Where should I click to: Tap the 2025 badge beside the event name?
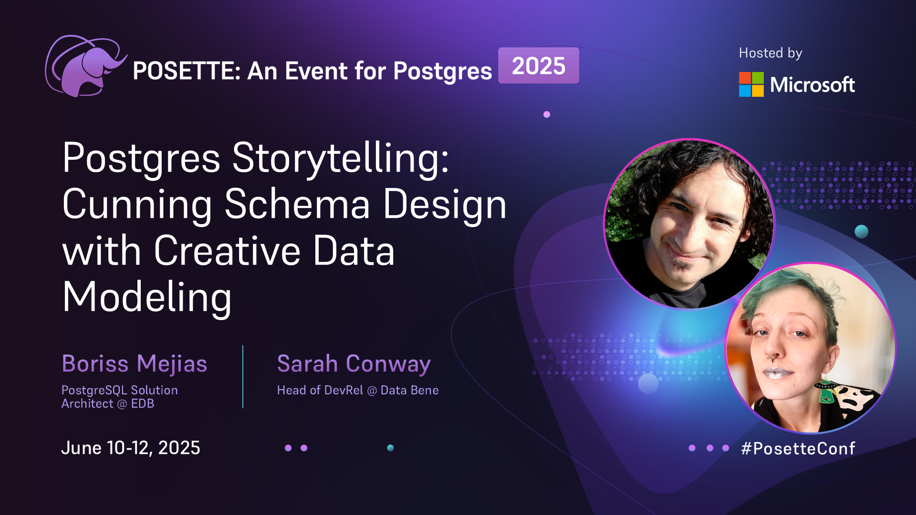(539, 65)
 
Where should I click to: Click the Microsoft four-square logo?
(751, 84)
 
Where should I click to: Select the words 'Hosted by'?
(770, 53)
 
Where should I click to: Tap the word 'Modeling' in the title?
(147, 298)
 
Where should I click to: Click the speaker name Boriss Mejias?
(135, 364)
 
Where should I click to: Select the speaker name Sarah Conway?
(354, 364)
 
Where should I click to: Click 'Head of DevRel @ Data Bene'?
(358, 390)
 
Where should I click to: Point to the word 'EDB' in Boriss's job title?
(143, 403)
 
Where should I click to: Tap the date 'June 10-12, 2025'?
(131, 448)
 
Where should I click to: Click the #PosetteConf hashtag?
(798, 448)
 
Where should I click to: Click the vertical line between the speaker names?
(243, 377)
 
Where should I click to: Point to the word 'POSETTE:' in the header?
(187, 71)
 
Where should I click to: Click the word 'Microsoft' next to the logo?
(812, 84)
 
